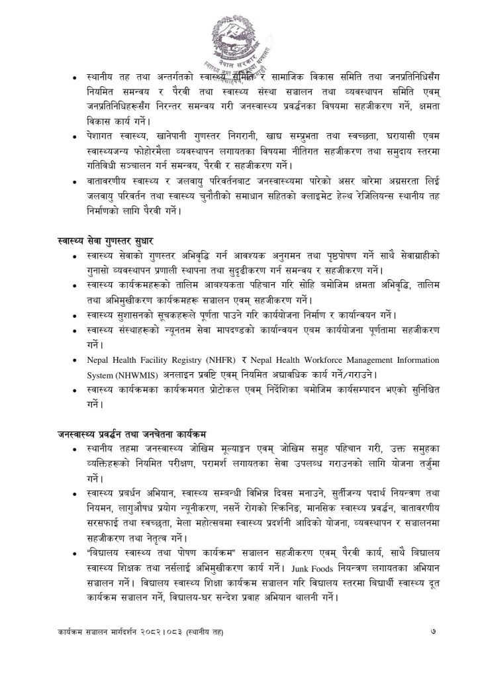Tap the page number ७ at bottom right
[434, 632]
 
